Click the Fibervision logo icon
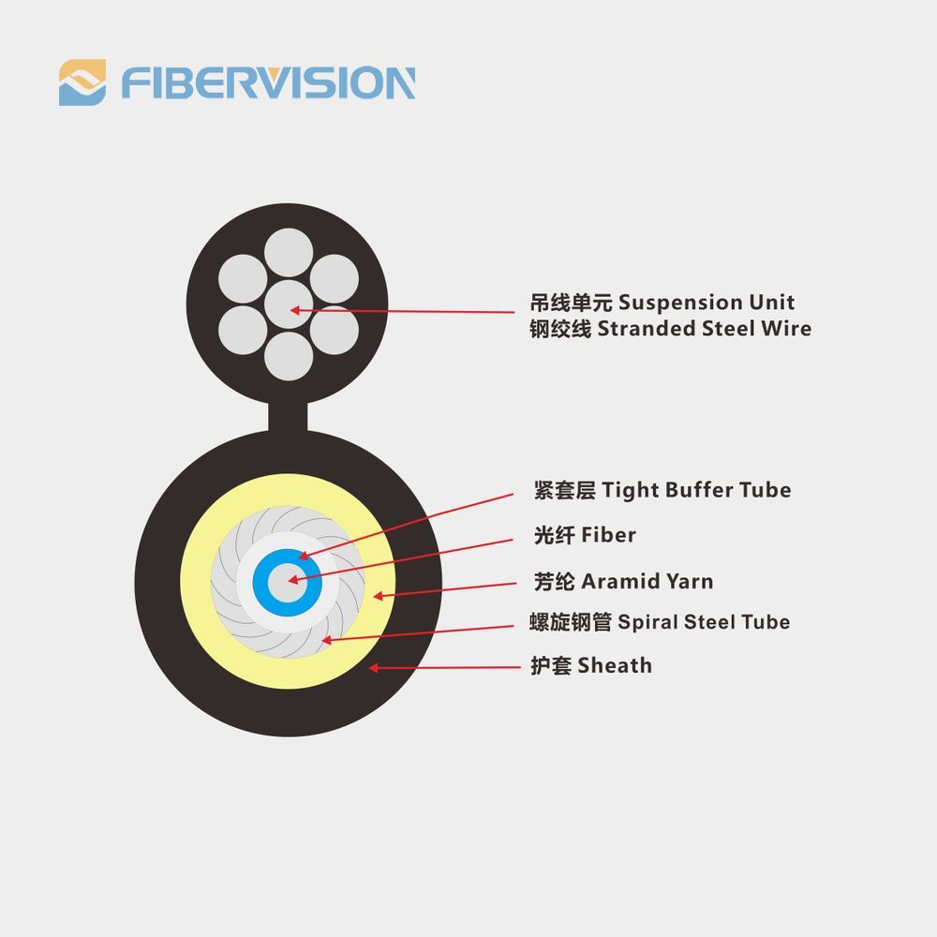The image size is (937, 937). pos(82,82)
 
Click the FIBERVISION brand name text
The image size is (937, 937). pos(268,82)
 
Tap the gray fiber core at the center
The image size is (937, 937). pos(288,583)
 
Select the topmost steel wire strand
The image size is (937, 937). pos(289,252)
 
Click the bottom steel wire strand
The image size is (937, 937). pos(289,356)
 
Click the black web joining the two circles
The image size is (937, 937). pos(288,417)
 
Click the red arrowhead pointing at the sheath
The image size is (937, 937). pos(373,667)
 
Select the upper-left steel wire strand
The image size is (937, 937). pos(243,279)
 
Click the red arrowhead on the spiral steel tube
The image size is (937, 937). pos(326,640)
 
